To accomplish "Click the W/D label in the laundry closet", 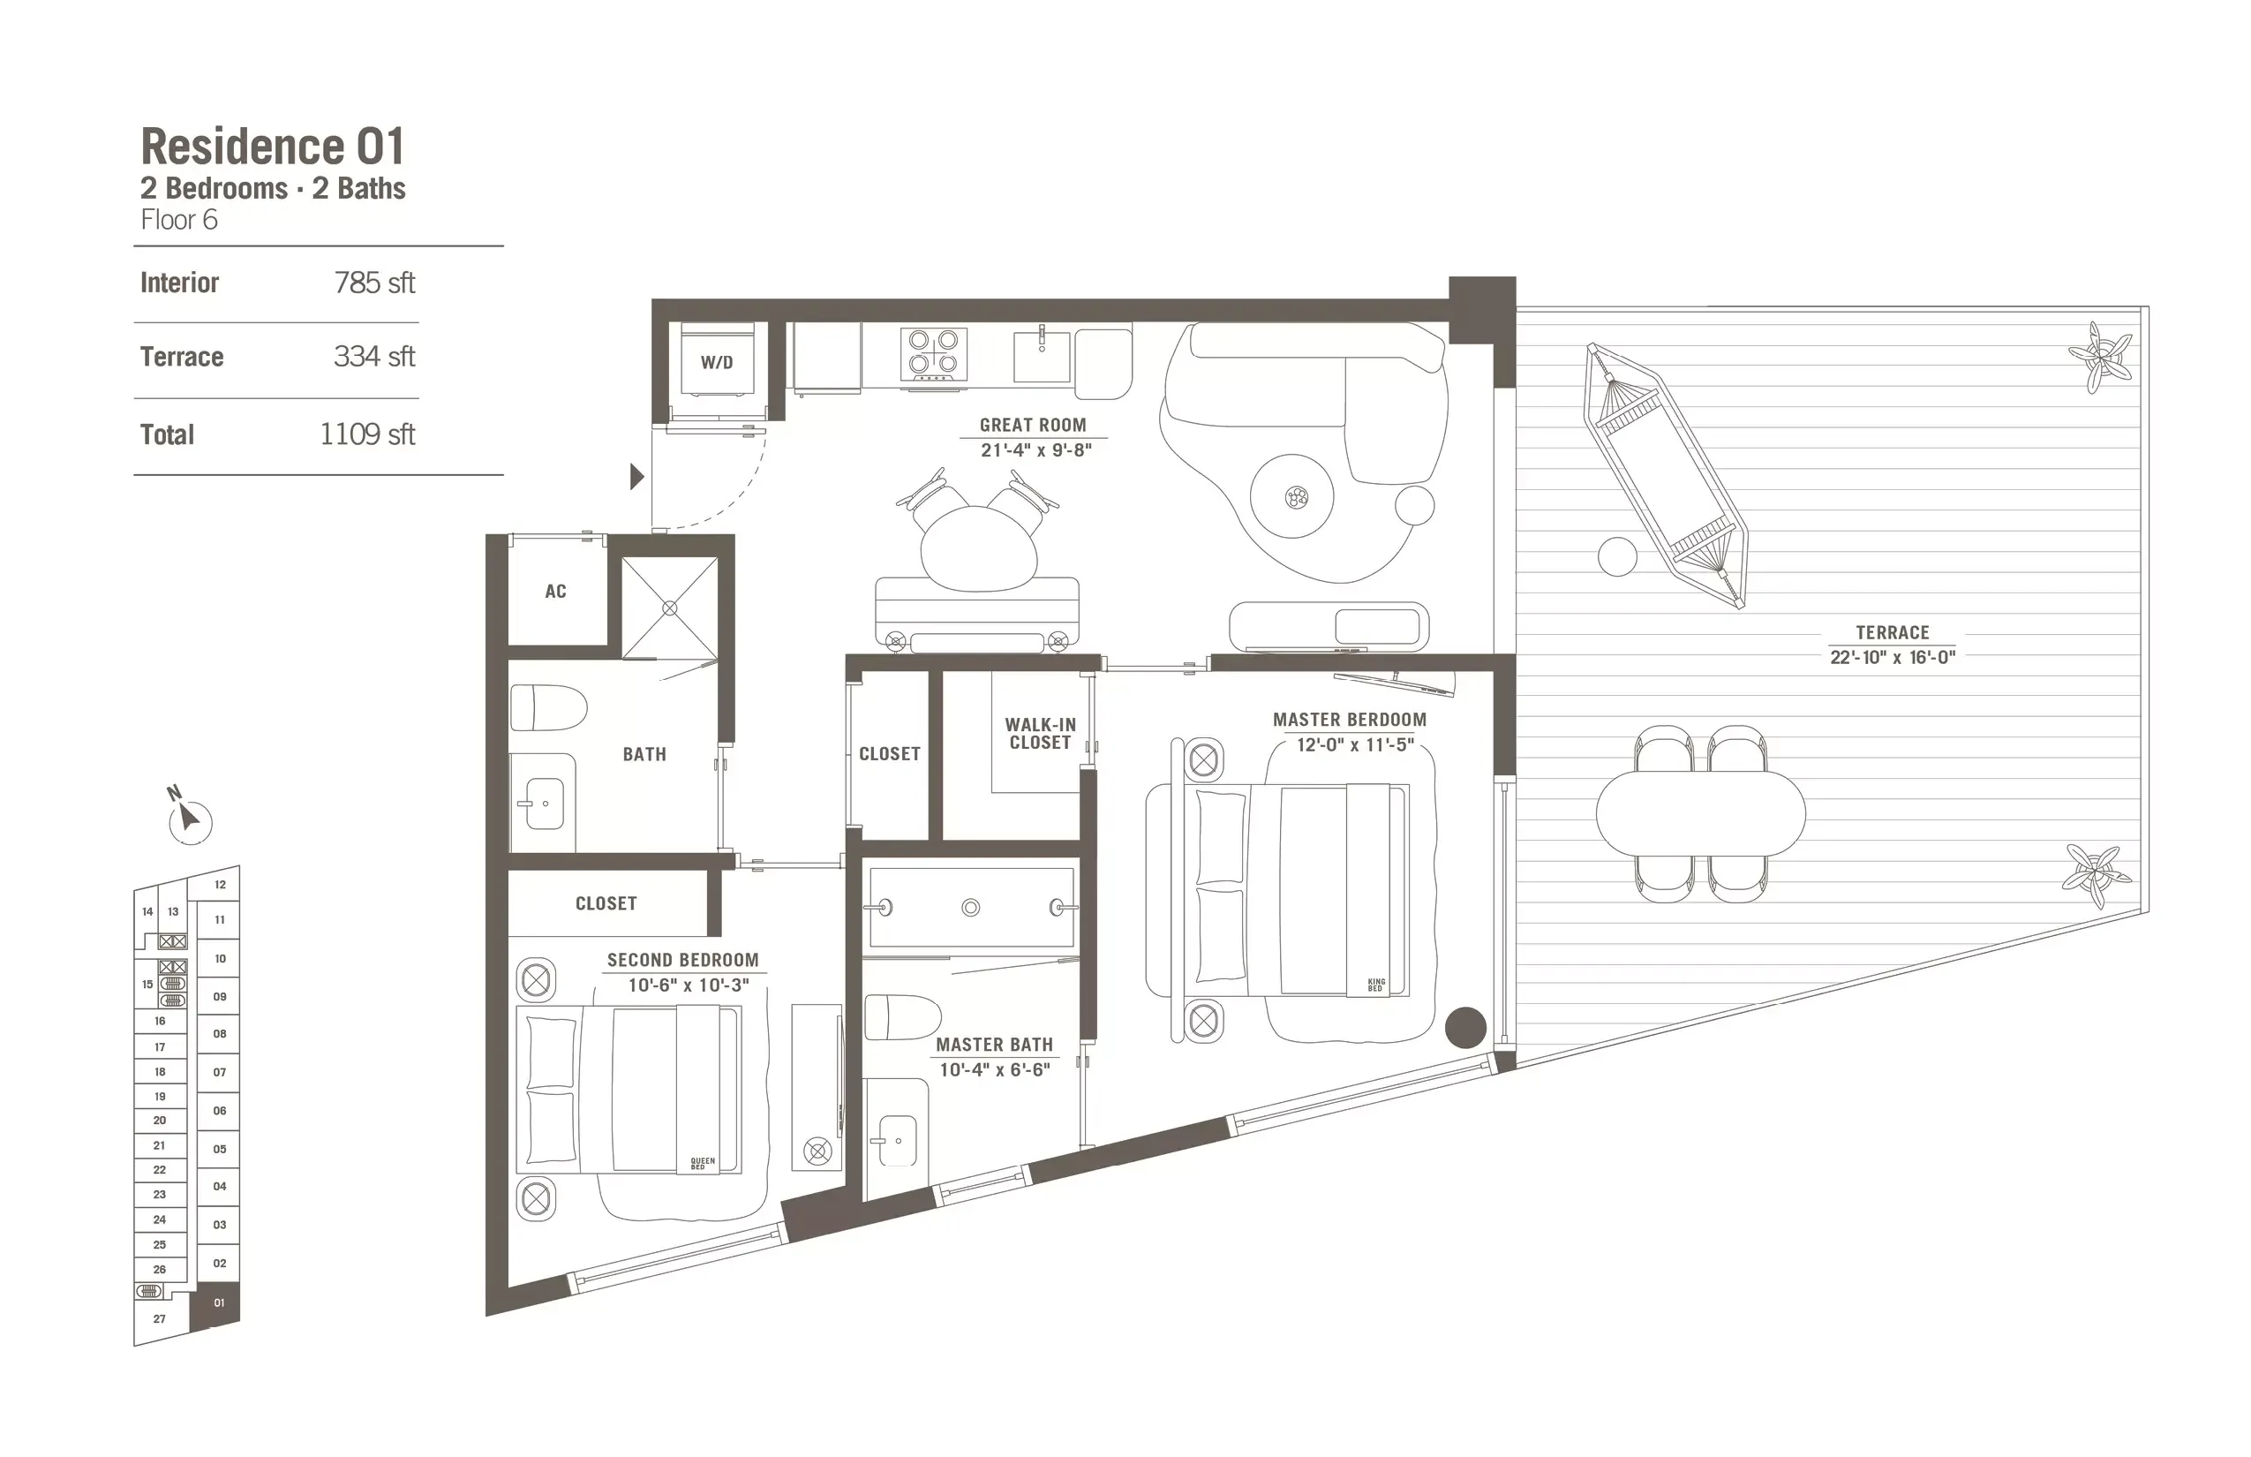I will (x=716, y=362).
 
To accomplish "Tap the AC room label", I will (x=555, y=592).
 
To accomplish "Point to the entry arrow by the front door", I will (x=636, y=476).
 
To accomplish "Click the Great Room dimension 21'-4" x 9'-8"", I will (x=1035, y=450).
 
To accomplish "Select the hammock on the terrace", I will (x=1667, y=474).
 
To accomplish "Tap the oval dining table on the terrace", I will (x=1699, y=812).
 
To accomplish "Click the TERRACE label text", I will (x=1892, y=632).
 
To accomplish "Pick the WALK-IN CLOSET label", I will (x=1040, y=734).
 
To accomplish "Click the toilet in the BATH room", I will (x=547, y=707).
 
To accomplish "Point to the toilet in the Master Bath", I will (x=902, y=1017).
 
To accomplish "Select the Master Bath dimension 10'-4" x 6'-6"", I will (x=994, y=1070).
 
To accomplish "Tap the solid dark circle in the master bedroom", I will (x=1465, y=1028).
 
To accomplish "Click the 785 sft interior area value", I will (x=374, y=283).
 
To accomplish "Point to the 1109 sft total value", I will (x=367, y=434).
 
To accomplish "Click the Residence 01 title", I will (x=273, y=147).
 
